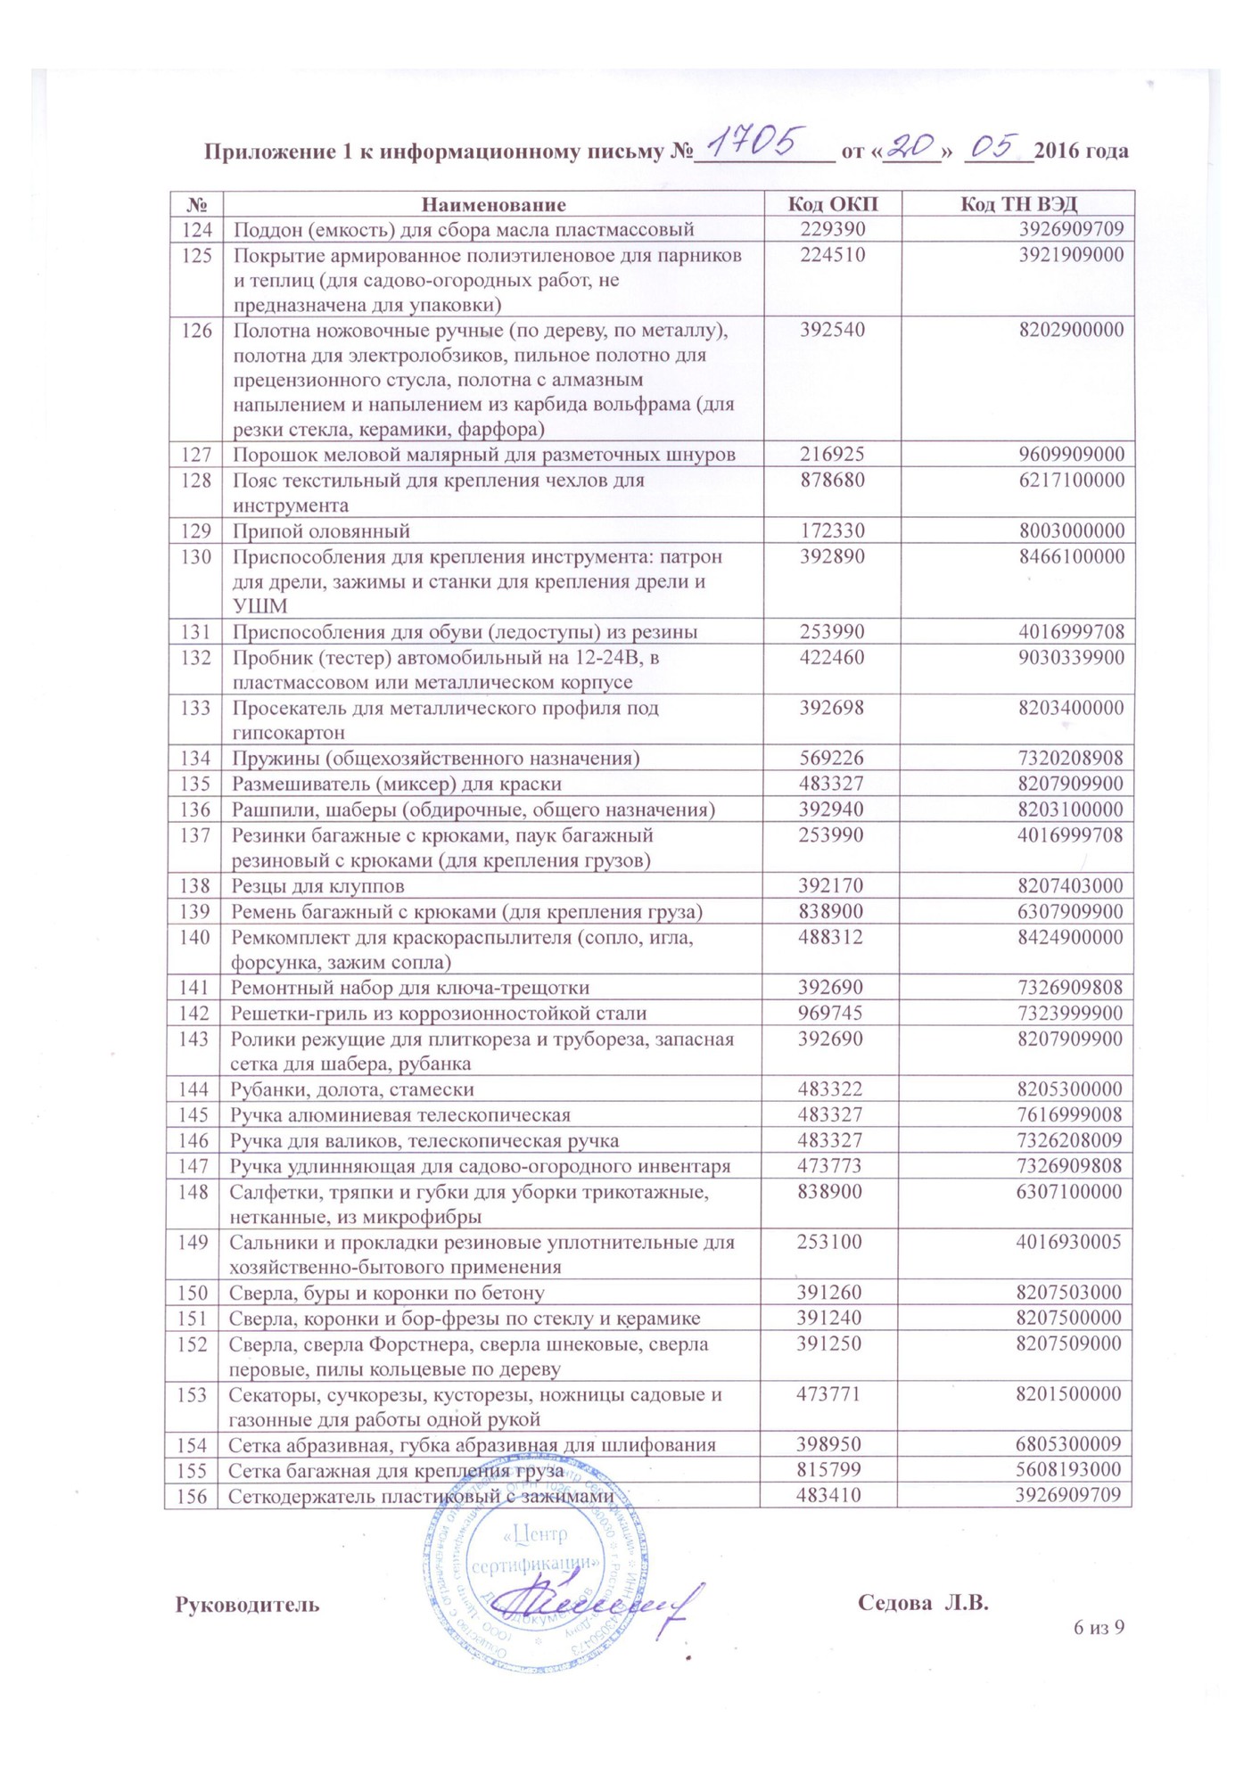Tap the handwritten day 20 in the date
coord(910,146)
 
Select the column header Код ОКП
coord(833,204)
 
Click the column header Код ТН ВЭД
coord(1017,204)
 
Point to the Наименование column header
coord(493,204)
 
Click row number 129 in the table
coord(195,531)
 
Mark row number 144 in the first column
coord(194,1089)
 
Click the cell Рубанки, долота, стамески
coord(352,1089)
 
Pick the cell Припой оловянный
coord(322,531)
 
